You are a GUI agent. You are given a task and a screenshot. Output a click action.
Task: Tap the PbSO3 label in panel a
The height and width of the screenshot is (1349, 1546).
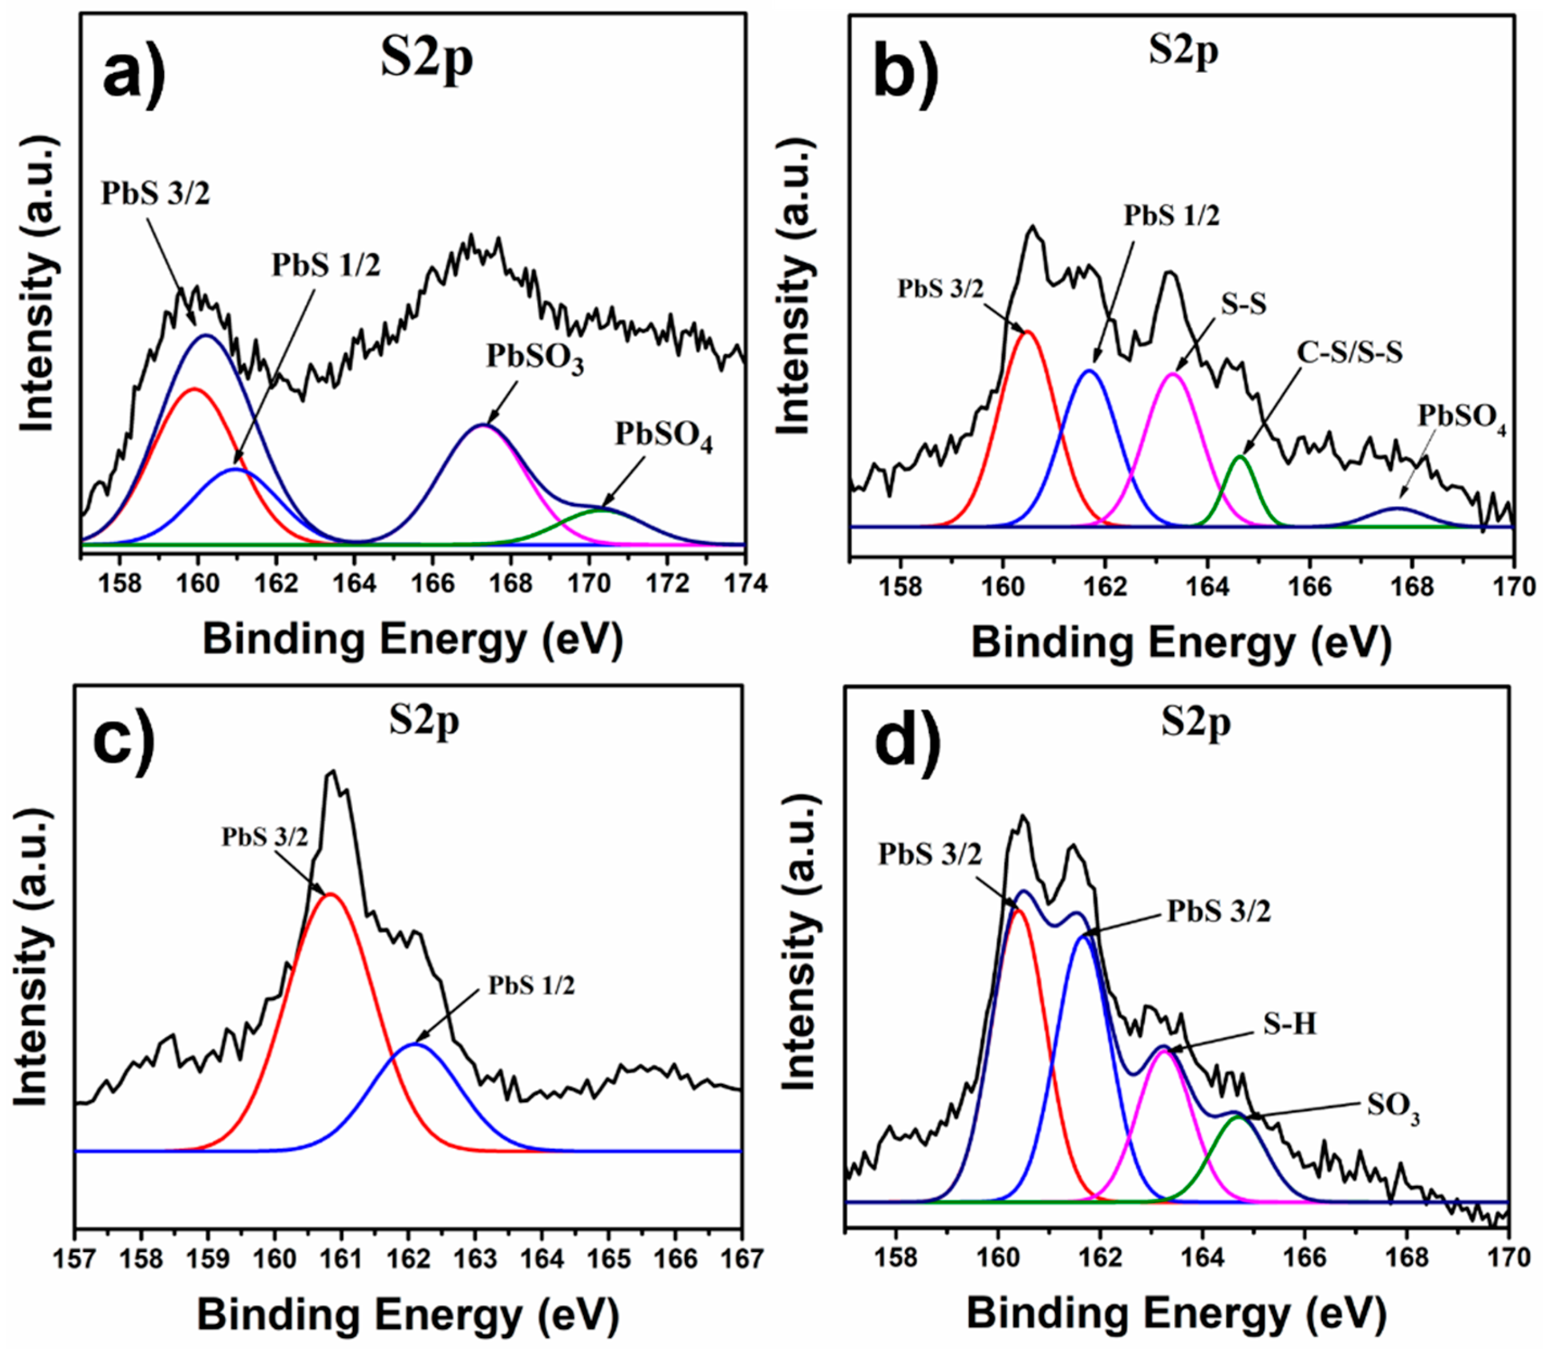pyautogui.click(x=534, y=357)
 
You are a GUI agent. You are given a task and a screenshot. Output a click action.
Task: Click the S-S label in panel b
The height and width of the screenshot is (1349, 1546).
pyautogui.click(x=1243, y=304)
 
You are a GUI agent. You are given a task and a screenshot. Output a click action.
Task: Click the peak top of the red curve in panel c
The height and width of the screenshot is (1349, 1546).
pyautogui.click(x=330, y=894)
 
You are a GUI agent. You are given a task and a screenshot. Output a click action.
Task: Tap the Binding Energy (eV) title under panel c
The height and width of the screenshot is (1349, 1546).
pyautogui.click(x=408, y=1315)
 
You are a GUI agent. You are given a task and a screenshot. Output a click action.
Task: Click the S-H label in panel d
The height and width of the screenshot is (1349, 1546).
pyautogui.click(x=1290, y=1024)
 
